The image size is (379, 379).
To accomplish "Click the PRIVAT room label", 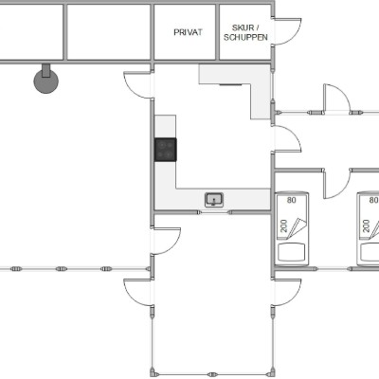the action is click(188, 32).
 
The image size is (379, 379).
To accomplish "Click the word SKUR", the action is click(243, 27).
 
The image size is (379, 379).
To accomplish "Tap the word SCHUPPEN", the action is click(245, 37).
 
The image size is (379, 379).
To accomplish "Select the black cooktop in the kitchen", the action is click(166, 150).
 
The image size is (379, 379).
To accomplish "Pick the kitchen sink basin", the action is click(214, 200).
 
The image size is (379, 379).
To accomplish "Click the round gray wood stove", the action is click(46, 81).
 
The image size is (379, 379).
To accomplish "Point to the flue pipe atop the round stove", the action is click(46, 70).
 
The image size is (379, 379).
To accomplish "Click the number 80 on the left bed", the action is click(292, 200).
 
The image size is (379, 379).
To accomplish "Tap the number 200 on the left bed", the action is click(284, 226).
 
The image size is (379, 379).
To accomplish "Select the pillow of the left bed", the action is click(292, 252).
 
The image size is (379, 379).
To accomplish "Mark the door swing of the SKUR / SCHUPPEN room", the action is click(287, 31).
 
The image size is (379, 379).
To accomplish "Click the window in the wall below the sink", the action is click(214, 212).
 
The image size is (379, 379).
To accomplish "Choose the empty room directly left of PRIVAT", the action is click(109, 32).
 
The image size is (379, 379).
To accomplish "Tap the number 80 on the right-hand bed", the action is click(373, 200).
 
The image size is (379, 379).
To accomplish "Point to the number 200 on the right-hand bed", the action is click(366, 226).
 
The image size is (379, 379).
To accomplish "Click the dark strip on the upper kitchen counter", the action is click(230, 84).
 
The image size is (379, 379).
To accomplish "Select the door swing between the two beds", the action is click(337, 185).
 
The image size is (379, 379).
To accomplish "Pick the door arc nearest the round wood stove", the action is click(137, 85).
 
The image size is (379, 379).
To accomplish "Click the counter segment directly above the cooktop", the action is click(165, 126).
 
